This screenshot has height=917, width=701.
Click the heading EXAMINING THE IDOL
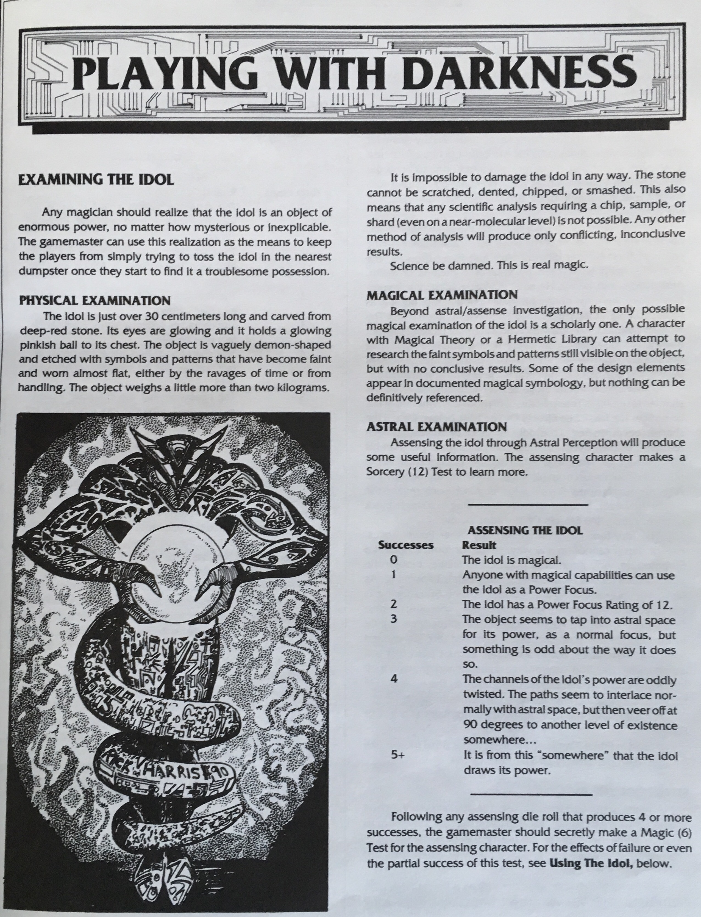coord(96,179)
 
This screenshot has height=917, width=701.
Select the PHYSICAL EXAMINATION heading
coord(95,301)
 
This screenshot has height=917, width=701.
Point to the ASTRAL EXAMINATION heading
coord(436,426)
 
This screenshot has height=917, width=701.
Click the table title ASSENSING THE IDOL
coord(525,531)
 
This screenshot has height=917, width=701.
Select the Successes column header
coord(406,545)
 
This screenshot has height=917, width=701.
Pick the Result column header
coord(479,545)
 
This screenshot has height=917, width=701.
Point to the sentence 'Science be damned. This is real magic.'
coord(489,265)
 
